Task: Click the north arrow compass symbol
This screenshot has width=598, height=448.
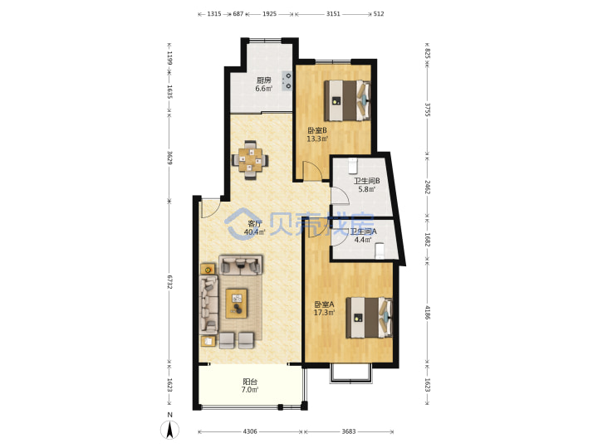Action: [x=169, y=430]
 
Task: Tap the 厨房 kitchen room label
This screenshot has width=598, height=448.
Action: [x=263, y=80]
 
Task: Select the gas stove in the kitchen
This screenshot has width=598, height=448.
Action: [x=287, y=80]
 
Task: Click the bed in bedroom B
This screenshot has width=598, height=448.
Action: [x=347, y=100]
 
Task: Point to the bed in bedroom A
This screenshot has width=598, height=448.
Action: [x=369, y=318]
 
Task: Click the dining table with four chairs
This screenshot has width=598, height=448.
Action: [x=250, y=160]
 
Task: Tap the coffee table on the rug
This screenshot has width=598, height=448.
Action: [x=237, y=304]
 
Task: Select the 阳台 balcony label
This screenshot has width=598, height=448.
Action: [x=250, y=382]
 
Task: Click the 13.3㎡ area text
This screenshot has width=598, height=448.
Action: [x=317, y=139]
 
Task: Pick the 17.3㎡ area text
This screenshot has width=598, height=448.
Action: [x=324, y=313]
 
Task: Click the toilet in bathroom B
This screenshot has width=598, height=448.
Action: [x=353, y=165]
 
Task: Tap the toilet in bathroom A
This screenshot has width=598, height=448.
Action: [x=380, y=251]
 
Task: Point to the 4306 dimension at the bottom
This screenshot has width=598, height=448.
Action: [x=250, y=431]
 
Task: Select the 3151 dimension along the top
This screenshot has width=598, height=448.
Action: [x=333, y=14]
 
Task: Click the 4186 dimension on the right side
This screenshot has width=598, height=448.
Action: [x=428, y=313]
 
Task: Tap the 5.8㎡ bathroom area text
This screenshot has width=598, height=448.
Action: [x=366, y=189]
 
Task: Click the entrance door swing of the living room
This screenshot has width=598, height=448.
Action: [x=210, y=208]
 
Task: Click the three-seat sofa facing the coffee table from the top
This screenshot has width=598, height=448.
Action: [x=240, y=265]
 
